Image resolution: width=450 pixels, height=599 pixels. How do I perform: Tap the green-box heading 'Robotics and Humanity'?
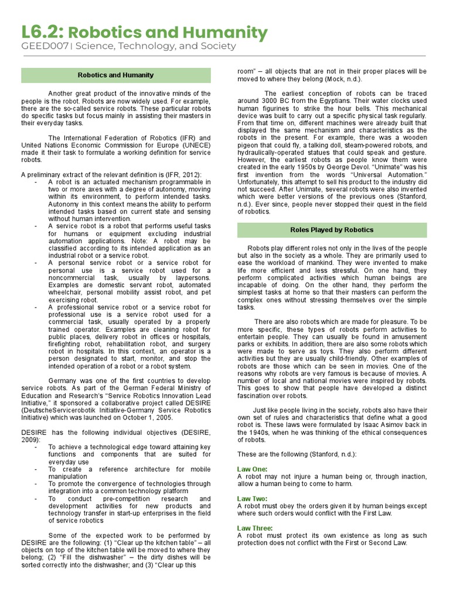tap(116, 75)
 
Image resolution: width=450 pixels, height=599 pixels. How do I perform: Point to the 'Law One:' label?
tap(253, 469)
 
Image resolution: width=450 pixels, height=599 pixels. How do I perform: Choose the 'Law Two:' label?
tap(253, 498)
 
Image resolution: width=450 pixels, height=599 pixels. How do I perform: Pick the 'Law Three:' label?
tap(255, 528)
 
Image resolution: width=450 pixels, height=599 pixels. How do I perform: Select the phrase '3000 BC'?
tap(274, 101)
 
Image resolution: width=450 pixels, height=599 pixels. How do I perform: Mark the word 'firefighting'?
tap(66, 338)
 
